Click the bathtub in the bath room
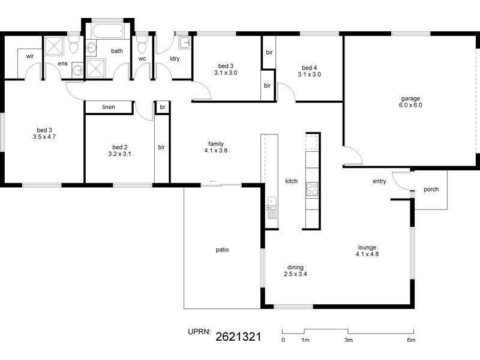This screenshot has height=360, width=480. coord(107,31)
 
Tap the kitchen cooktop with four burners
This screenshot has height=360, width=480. coord(312,189)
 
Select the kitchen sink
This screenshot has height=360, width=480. coord(272,208)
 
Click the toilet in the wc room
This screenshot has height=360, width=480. coord(142,46)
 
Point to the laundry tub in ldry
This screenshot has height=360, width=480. coord(185,43)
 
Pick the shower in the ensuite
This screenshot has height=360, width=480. coord(54,46)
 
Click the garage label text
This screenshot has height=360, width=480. coord(410,98)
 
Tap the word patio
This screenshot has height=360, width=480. coord(222,250)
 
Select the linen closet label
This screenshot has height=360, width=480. coord(109,107)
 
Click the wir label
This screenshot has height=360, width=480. coord(29,56)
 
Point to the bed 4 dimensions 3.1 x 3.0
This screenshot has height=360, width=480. coord(309,74)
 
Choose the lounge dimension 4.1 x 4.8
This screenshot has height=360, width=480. coord(367,254)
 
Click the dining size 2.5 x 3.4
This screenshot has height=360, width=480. coord(295,274)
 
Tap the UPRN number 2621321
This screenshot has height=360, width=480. coord(238,337)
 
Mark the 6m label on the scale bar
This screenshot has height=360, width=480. coord(411,340)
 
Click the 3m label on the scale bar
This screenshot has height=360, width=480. coord(349,340)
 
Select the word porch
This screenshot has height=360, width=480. coord(431,190)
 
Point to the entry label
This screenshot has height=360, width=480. coord(379,181)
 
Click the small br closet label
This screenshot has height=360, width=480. coord(163,107)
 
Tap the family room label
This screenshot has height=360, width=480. coord(216,144)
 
